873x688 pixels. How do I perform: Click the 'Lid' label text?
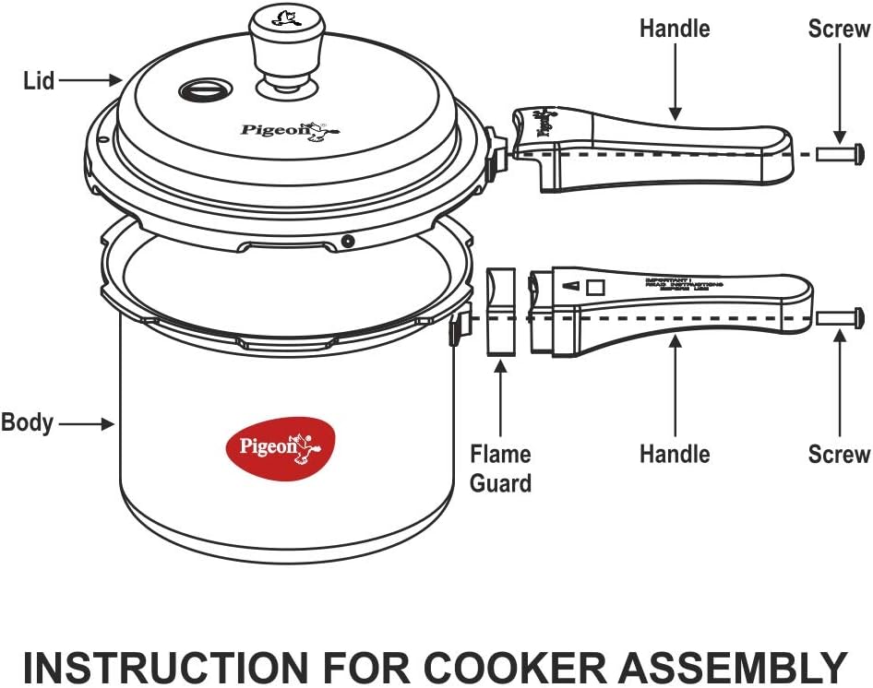click(x=38, y=80)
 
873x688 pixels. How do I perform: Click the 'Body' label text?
click(x=27, y=423)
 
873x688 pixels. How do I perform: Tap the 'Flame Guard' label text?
click(x=500, y=469)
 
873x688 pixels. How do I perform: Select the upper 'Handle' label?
click(x=675, y=29)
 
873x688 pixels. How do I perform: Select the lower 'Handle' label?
click(x=675, y=454)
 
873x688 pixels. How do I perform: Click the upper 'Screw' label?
click(x=839, y=29)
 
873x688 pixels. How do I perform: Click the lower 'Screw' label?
click(x=839, y=454)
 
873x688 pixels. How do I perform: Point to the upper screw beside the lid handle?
click(x=840, y=152)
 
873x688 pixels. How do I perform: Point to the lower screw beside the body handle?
click(x=841, y=317)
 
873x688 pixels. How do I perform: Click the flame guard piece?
click(x=501, y=312)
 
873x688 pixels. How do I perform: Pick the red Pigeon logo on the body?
click(x=280, y=448)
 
